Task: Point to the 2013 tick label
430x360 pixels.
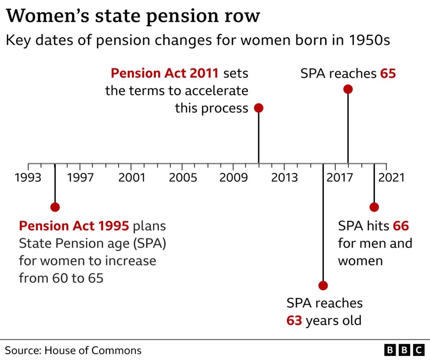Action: [x=284, y=178]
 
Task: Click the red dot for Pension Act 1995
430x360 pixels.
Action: [x=55, y=207]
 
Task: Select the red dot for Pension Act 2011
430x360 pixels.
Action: [x=259, y=108]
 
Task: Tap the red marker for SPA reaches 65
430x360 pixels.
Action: [x=348, y=89]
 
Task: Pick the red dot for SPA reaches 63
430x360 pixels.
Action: [x=323, y=286]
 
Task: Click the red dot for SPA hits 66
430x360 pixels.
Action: [x=374, y=207]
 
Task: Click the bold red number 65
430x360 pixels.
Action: [x=388, y=73]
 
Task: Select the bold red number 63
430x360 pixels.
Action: [x=294, y=320]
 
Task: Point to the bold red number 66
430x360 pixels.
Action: [x=401, y=226]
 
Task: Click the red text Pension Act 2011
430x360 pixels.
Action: [x=164, y=73]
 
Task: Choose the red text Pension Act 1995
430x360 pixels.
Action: [x=74, y=226]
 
